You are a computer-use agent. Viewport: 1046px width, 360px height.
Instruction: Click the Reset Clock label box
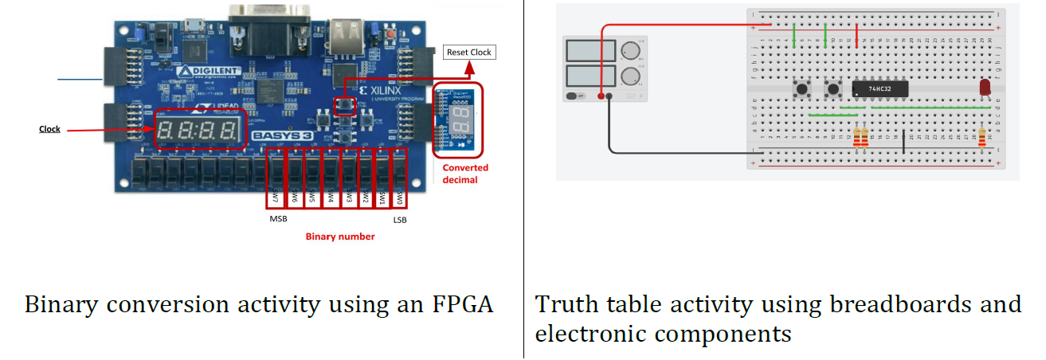coord(469,53)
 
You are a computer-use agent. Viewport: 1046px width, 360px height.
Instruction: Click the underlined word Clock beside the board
coord(49,129)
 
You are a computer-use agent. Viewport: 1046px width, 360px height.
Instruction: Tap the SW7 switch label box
coord(275,196)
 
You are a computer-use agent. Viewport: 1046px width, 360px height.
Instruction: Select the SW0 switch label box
coord(401,196)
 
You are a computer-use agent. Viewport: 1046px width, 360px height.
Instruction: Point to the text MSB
coord(277,219)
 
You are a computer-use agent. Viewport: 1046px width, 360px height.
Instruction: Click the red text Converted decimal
coord(465,174)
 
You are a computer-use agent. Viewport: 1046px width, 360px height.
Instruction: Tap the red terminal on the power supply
coord(598,96)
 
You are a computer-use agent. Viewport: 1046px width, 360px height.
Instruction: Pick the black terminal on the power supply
coord(609,96)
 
